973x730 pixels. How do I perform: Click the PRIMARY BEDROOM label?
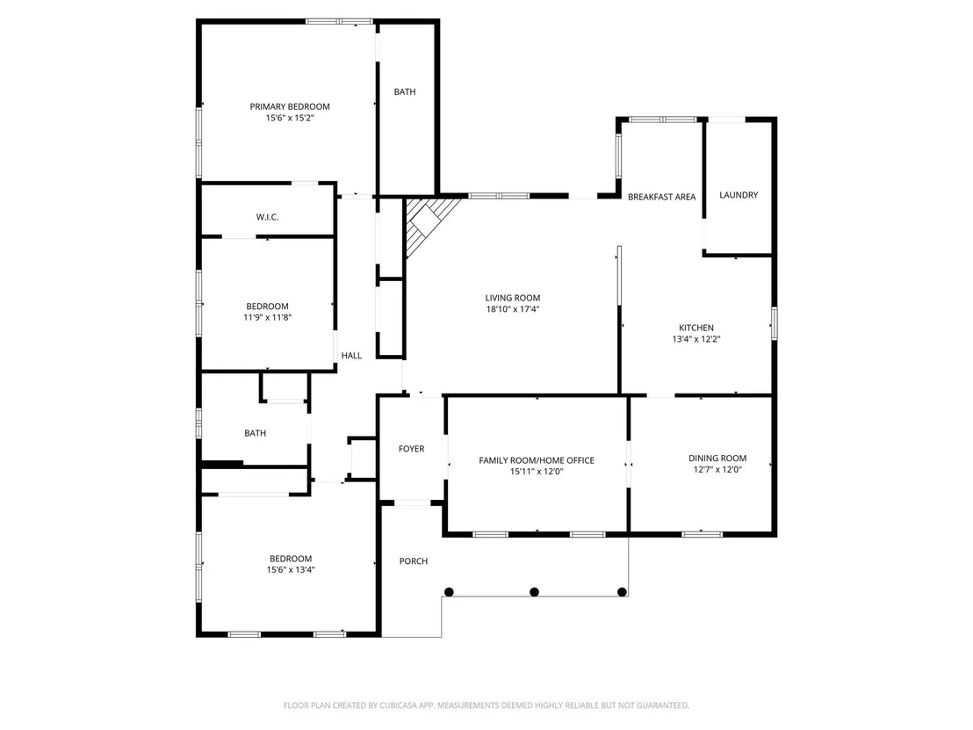(x=290, y=107)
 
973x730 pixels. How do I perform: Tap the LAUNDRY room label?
(x=739, y=195)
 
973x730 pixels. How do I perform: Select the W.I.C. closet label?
(x=268, y=217)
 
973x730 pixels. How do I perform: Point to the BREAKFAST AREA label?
(x=661, y=197)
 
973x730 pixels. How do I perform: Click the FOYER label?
(x=411, y=449)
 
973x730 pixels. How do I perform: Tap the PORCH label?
(x=414, y=561)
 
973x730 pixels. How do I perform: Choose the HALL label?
(x=351, y=356)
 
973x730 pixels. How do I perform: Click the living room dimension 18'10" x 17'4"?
(x=513, y=309)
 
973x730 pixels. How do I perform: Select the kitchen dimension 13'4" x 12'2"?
(x=696, y=339)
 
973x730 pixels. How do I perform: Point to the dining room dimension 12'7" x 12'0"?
(x=717, y=469)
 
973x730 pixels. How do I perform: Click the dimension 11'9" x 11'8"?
(x=268, y=317)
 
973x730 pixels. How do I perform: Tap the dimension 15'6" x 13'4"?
(x=291, y=569)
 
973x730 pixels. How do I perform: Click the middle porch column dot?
(x=534, y=592)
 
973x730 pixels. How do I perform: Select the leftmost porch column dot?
(x=450, y=592)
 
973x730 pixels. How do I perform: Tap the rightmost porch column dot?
(x=622, y=592)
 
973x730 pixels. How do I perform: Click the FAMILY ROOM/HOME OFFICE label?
(x=537, y=460)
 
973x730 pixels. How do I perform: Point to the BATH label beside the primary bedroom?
(x=405, y=92)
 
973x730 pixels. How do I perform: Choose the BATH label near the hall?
(x=255, y=433)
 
